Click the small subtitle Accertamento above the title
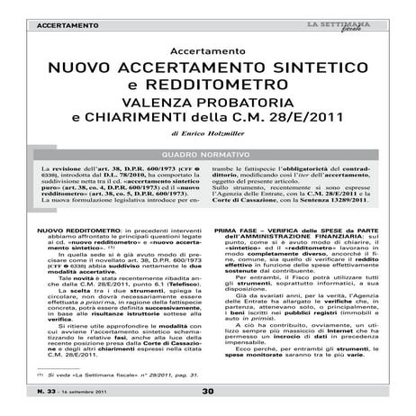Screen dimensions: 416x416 (207, 52)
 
